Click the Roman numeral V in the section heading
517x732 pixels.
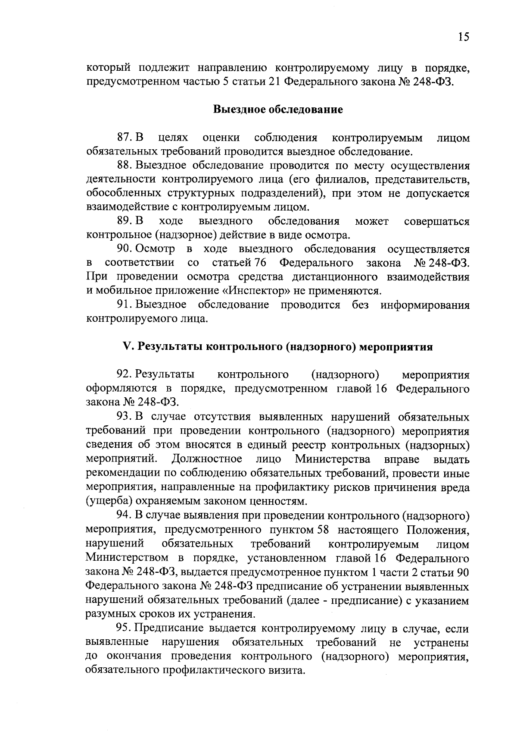[x=126, y=347]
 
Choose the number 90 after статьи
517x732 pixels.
[x=463, y=572]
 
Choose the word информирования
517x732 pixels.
[x=425, y=305]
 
